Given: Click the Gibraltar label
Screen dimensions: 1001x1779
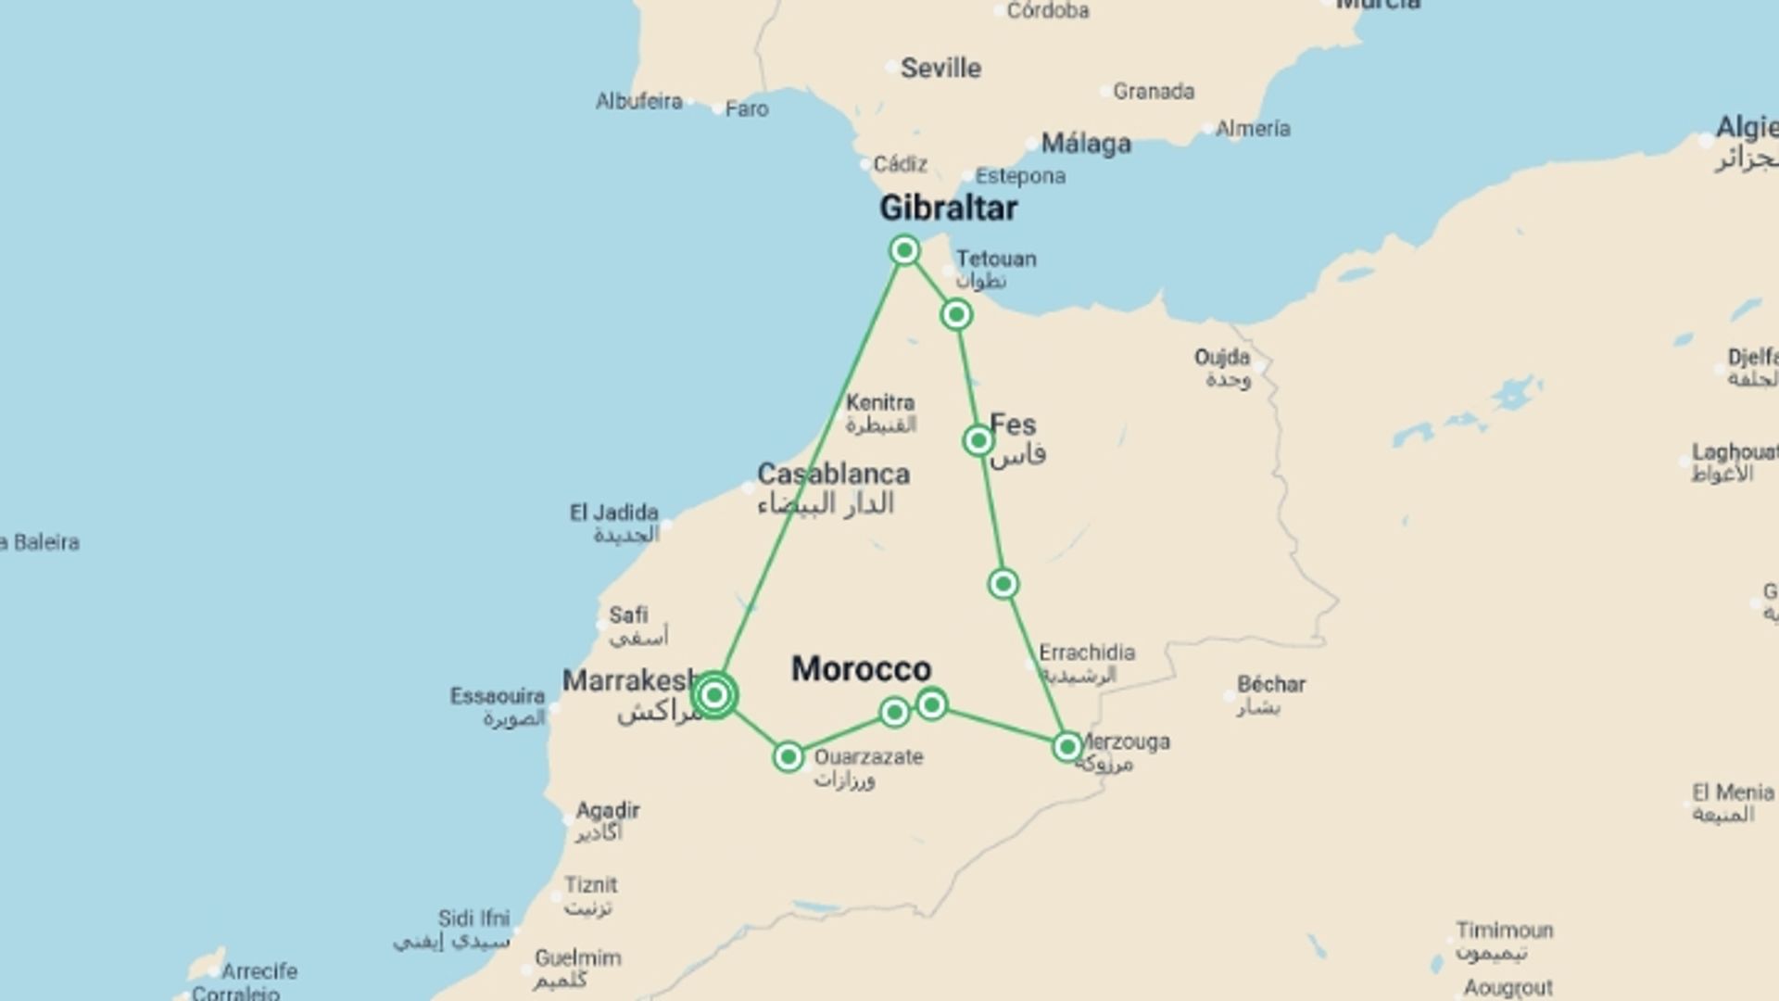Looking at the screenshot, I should tap(948, 208).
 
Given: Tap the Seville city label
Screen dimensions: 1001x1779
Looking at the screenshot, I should tap(940, 68).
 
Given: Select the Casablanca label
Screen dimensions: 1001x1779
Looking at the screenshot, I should tap(833, 474).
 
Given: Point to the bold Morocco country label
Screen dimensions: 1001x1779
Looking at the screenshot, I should tap(861, 668).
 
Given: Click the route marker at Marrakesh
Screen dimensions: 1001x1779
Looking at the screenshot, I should tap(714, 695).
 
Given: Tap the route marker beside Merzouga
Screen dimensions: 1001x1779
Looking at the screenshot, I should tap(1067, 747).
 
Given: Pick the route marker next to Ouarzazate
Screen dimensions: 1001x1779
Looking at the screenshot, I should tap(789, 757).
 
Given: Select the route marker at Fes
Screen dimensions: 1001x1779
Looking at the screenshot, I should tap(978, 441).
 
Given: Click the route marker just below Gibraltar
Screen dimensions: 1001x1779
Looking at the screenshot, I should tap(904, 250).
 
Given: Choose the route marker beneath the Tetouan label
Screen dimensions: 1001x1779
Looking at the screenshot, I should tap(956, 315).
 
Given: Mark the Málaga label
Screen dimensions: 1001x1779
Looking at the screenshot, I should tap(1086, 144).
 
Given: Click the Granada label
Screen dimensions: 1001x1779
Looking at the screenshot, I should tap(1154, 91).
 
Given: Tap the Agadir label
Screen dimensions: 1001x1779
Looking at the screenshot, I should tap(608, 810).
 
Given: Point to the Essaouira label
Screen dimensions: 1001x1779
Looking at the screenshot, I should tap(498, 696).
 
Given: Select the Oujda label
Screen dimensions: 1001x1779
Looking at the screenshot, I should tap(1222, 357).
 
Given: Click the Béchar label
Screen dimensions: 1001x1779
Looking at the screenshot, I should tap(1271, 685).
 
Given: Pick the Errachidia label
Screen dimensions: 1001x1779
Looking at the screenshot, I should tap(1087, 653).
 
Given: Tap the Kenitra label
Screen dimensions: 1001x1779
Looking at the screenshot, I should tap(880, 403).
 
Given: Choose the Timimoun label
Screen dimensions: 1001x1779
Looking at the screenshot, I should tap(1504, 930).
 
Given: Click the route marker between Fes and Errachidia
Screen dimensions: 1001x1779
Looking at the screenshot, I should tap(1003, 584).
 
